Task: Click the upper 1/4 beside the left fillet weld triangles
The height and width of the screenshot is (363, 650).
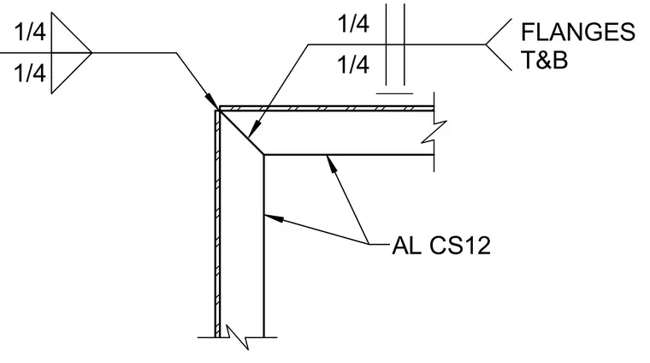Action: pos(30,32)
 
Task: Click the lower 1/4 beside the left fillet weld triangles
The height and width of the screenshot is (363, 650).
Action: pos(30,73)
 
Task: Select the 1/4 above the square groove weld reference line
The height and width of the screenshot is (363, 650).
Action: pos(353,24)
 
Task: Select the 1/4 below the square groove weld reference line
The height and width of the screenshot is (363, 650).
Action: pos(353,65)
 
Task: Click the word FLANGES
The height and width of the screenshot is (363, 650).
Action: pos(578,32)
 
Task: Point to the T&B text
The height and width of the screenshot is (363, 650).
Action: pos(544,60)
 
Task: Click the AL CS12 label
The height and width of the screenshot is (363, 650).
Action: pos(441,245)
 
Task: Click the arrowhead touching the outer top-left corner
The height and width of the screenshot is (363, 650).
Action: pos(212,102)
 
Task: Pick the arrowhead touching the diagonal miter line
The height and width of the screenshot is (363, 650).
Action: pos(254,128)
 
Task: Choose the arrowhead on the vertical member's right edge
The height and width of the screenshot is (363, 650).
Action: pos(274,218)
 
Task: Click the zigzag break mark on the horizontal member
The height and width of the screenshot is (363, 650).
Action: pos(434,132)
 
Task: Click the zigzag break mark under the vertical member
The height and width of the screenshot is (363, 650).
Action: pos(237,336)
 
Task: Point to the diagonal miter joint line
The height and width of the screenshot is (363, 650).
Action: pos(240,132)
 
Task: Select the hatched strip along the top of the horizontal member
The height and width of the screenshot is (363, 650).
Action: pos(327,109)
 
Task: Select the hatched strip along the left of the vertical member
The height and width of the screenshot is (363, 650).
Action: pos(217,224)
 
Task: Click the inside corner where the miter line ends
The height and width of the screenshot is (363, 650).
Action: pos(264,155)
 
